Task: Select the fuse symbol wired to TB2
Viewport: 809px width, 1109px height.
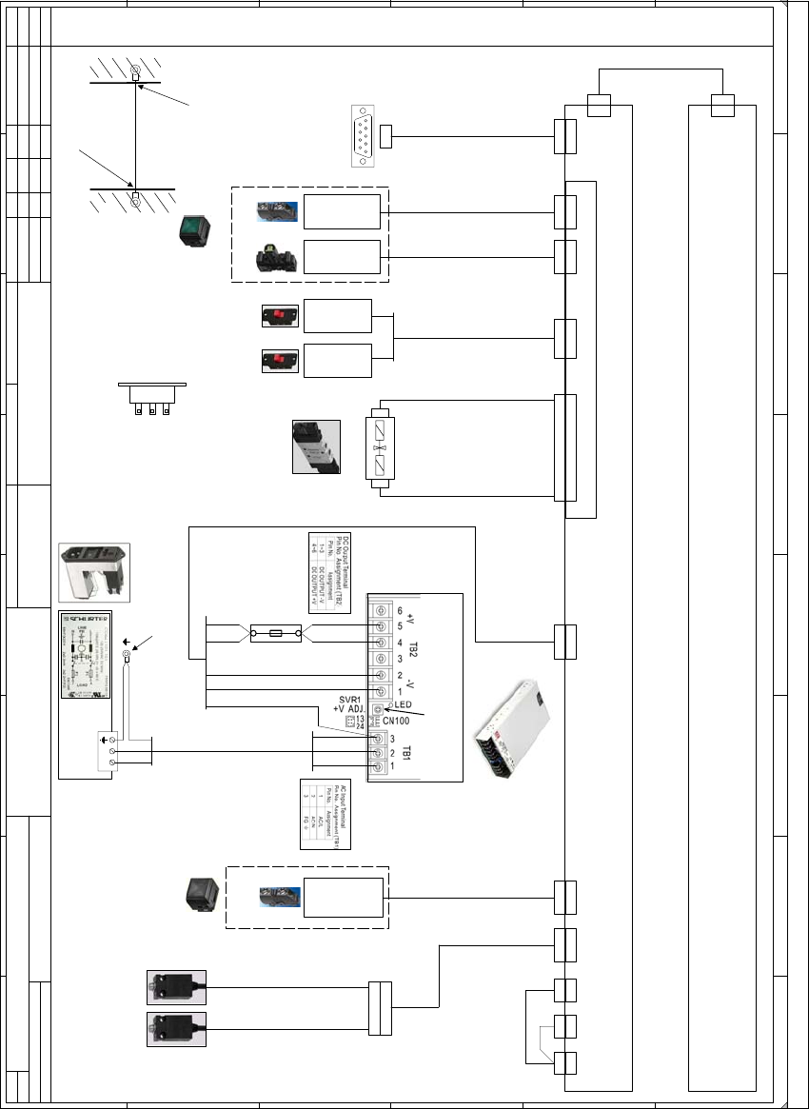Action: click(276, 632)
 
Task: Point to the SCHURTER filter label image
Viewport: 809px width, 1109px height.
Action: click(86, 657)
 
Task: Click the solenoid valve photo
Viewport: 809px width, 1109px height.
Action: click(315, 446)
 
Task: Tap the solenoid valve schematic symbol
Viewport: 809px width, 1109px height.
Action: click(380, 446)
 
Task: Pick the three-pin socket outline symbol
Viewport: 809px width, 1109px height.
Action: click(151, 399)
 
